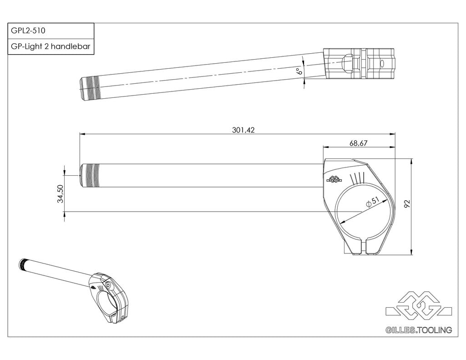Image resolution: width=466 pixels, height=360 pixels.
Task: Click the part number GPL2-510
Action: pos(28,30)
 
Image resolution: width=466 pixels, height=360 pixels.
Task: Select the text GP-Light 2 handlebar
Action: pos(51,46)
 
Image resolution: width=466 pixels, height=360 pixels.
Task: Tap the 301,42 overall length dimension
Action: pos(243,130)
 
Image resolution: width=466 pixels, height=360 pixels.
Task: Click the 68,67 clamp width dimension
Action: pos(359,143)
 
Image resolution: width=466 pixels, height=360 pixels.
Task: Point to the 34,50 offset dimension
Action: pos(61,193)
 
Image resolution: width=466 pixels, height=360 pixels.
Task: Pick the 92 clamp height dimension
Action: pos(407,203)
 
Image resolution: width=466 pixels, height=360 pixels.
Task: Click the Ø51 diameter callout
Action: pos(373,202)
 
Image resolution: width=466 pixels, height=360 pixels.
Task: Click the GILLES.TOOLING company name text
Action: pos(419,330)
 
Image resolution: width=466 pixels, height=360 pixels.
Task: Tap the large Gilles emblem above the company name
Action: pos(419,305)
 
